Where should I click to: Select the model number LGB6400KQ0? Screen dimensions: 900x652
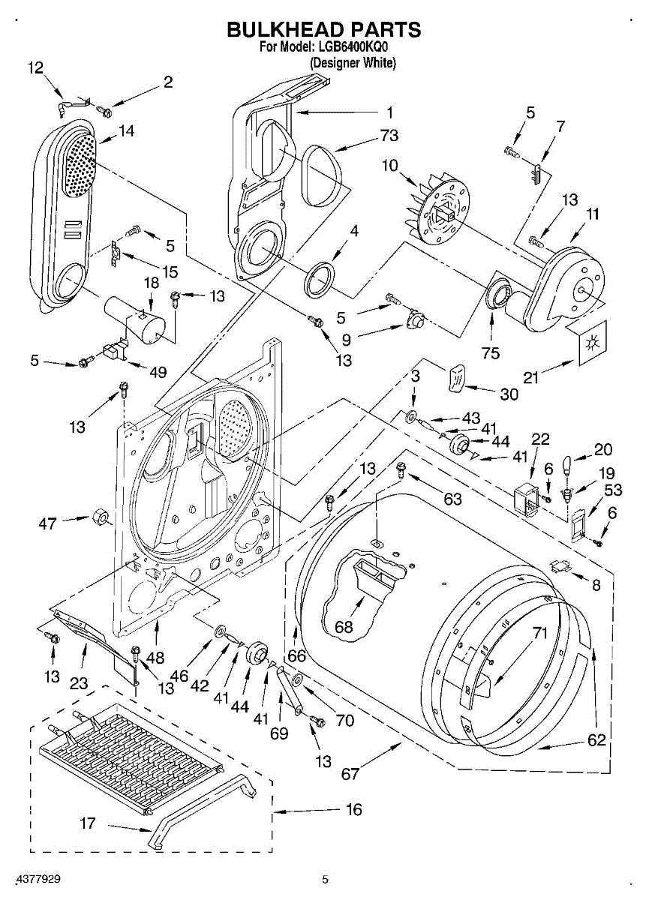pos(354,48)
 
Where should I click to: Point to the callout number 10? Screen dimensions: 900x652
pos(389,166)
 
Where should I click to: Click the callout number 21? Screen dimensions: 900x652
pos(531,378)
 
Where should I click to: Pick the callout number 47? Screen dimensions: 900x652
pos(47,523)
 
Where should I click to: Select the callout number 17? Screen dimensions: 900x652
pos(88,823)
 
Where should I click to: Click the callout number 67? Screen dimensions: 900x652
pos(350,774)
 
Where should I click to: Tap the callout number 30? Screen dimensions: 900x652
pos(509,394)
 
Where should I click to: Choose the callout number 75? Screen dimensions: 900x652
pos(491,353)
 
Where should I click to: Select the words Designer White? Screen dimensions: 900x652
pos(353,64)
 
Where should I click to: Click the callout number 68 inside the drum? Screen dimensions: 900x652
pos(344,627)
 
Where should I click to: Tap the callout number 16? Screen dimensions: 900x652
pos(354,810)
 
